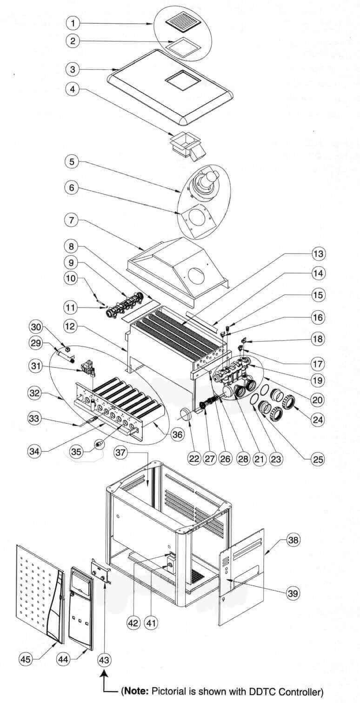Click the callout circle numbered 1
[73, 22]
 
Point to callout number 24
[318, 420]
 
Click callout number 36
[177, 435]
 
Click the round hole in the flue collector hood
[196, 275]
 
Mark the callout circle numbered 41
[150, 623]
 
